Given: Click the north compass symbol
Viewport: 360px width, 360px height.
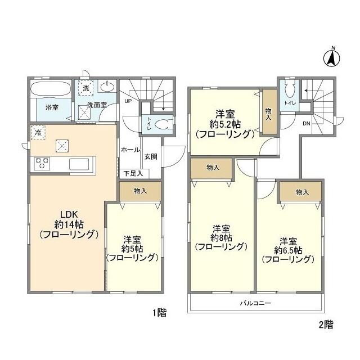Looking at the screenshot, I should click(332, 56).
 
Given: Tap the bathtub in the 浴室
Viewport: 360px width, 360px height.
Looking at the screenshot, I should click(51, 89).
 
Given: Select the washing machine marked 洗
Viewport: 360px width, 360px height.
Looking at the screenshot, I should click(86, 88).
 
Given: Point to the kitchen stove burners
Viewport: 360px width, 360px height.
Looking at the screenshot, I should click(43, 164).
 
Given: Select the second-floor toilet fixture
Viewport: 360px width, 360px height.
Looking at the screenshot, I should click(290, 91).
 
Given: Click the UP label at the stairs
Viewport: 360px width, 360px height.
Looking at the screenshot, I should click(128, 102).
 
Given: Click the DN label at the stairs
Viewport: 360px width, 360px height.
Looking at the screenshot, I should click(307, 123).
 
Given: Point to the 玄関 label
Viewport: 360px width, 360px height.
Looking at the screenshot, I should click(150, 156).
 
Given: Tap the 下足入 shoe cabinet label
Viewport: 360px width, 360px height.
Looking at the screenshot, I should click(133, 174).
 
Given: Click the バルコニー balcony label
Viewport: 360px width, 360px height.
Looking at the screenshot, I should click(256, 303).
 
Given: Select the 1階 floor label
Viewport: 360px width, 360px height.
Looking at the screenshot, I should click(159, 313).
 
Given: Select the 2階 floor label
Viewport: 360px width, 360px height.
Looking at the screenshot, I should click(325, 324).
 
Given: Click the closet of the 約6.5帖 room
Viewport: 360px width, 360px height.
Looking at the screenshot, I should click(301, 193).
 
